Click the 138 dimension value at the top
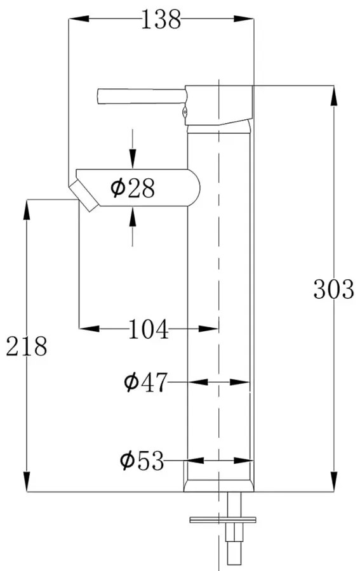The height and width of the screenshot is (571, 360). (160, 20)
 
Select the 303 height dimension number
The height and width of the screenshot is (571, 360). (333, 289)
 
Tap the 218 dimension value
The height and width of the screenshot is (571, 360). (27, 346)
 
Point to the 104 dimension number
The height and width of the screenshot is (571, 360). (149, 329)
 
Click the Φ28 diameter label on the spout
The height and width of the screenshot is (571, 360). (132, 188)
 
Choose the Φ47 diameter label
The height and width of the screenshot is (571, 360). (145, 382)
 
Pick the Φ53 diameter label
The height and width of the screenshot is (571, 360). (142, 460)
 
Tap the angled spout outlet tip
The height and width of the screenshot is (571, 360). (84, 194)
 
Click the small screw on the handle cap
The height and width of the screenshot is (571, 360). (185, 114)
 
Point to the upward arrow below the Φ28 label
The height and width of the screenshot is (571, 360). (132, 217)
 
